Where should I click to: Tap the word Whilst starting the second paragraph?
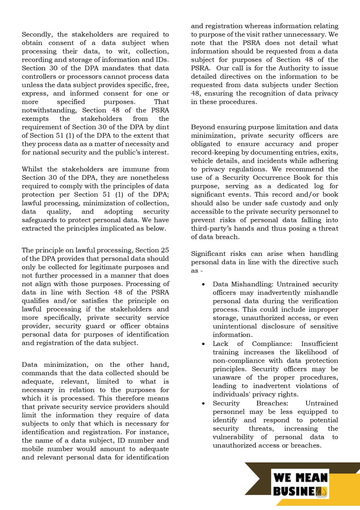33,169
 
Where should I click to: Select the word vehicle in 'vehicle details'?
204,161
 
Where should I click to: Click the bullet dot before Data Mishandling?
205,284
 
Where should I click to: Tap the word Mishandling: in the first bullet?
252,284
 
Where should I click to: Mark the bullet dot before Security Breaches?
205,403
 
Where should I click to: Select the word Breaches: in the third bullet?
272,403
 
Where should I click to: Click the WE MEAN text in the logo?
298,476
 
